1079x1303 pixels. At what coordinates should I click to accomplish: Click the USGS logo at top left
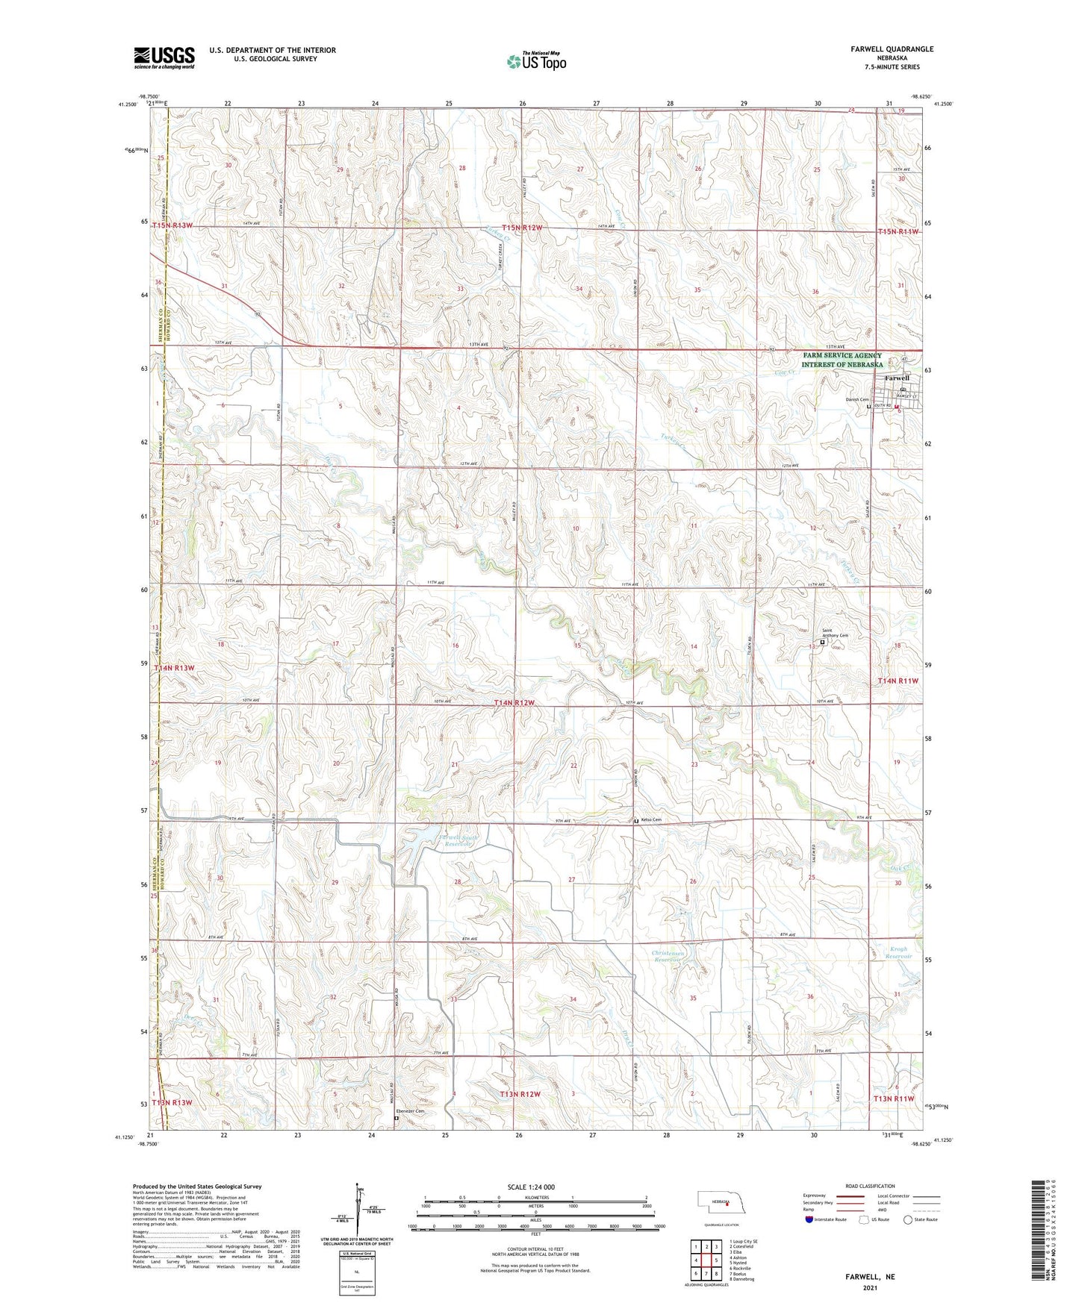(x=164, y=57)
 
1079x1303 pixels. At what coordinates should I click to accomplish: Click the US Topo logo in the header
(x=535, y=61)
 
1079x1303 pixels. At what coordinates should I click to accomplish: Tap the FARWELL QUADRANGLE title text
(x=891, y=49)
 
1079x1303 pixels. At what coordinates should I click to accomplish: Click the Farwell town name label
(x=896, y=378)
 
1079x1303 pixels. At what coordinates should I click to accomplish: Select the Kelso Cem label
(x=651, y=820)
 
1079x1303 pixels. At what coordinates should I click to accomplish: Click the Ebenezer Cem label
(x=414, y=1111)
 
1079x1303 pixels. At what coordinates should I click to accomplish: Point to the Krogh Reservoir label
(x=898, y=953)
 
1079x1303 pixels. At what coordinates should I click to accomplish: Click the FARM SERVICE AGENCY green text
(x=842, y=356)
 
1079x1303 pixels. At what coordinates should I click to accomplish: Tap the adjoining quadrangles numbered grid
(x=706, y=1260)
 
